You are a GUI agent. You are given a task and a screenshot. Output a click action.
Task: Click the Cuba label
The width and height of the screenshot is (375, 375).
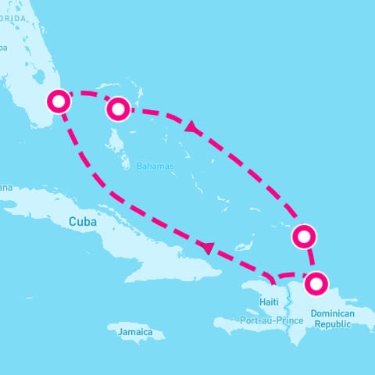82,222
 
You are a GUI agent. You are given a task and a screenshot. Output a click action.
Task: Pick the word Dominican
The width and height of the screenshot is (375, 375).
333,312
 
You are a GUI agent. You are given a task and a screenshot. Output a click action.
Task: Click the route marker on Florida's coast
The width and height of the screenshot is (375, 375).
59,102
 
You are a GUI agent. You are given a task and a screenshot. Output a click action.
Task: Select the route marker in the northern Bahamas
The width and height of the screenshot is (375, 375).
117,109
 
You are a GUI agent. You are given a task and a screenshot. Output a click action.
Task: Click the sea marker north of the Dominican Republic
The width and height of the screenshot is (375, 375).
303,235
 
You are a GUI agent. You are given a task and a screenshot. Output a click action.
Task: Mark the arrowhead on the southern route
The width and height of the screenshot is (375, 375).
207,248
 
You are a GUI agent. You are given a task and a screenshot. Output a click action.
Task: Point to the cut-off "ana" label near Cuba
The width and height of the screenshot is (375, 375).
6,187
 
